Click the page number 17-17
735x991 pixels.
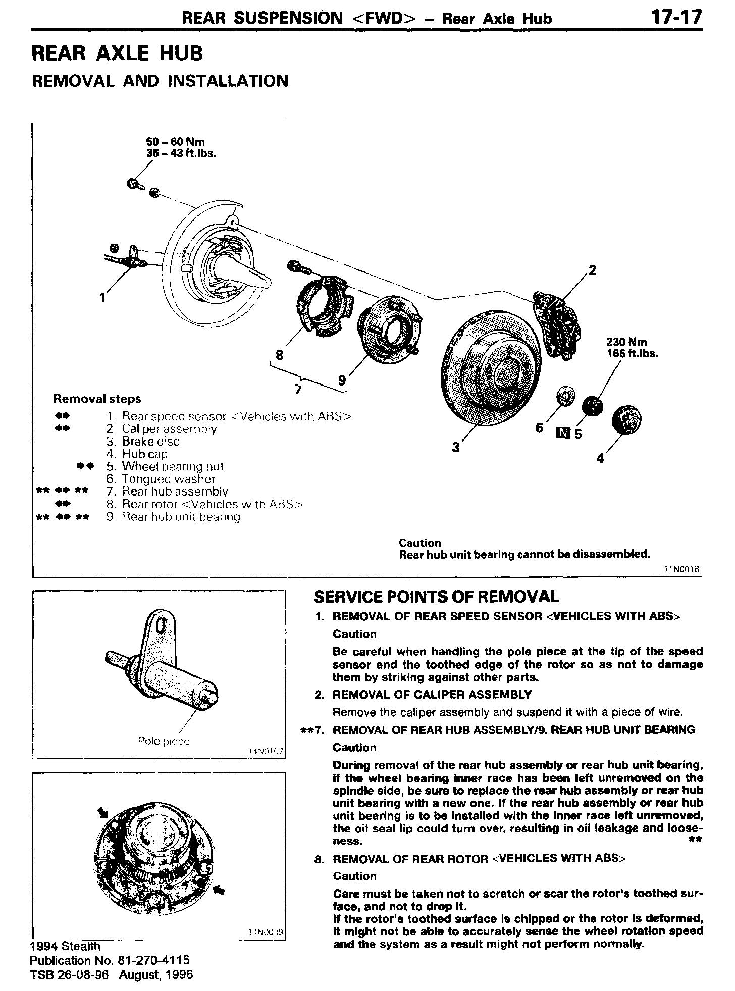676,17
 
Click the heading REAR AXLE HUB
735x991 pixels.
117,53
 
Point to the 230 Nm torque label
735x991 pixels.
626,342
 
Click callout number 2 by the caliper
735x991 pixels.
593,270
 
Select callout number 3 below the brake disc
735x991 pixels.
456,447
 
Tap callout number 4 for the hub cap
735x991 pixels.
600,458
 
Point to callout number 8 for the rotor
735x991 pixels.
279,355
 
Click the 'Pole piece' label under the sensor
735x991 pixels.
164,741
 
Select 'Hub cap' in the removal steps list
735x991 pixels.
144,454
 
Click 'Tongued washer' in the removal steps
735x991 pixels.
168,479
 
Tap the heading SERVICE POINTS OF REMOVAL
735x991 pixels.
436,597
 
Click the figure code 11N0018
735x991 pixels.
681,569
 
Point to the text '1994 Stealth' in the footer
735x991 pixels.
66,946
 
